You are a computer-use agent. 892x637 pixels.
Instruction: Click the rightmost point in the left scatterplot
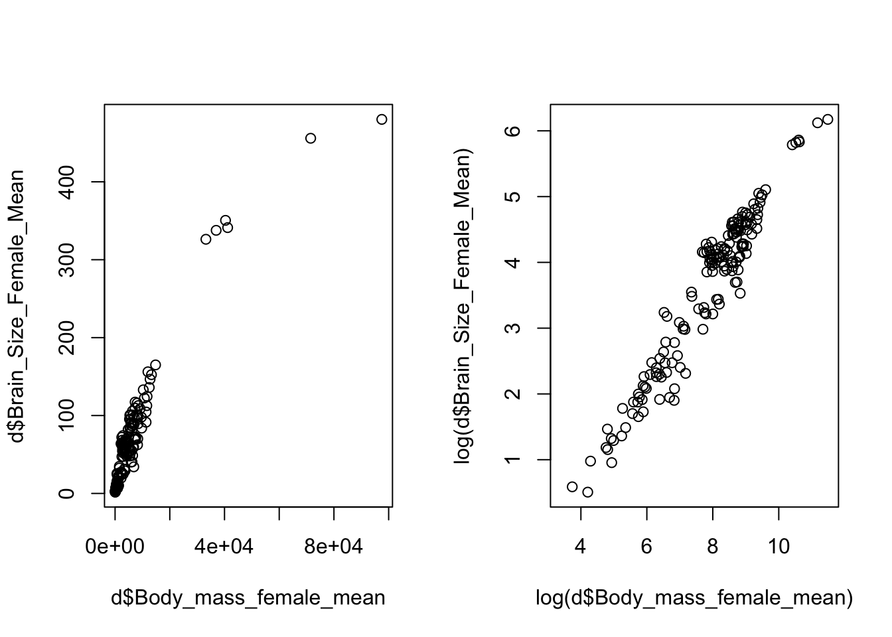382,119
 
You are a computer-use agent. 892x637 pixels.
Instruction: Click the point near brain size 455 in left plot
311,138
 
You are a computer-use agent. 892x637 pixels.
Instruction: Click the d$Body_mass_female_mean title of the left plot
248,598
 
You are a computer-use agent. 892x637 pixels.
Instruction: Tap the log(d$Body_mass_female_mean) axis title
694,598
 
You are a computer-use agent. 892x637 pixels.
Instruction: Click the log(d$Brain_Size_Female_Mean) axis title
463,306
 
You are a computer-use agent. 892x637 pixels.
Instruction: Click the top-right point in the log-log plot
828,119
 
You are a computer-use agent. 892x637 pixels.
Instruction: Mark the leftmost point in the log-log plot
572,487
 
